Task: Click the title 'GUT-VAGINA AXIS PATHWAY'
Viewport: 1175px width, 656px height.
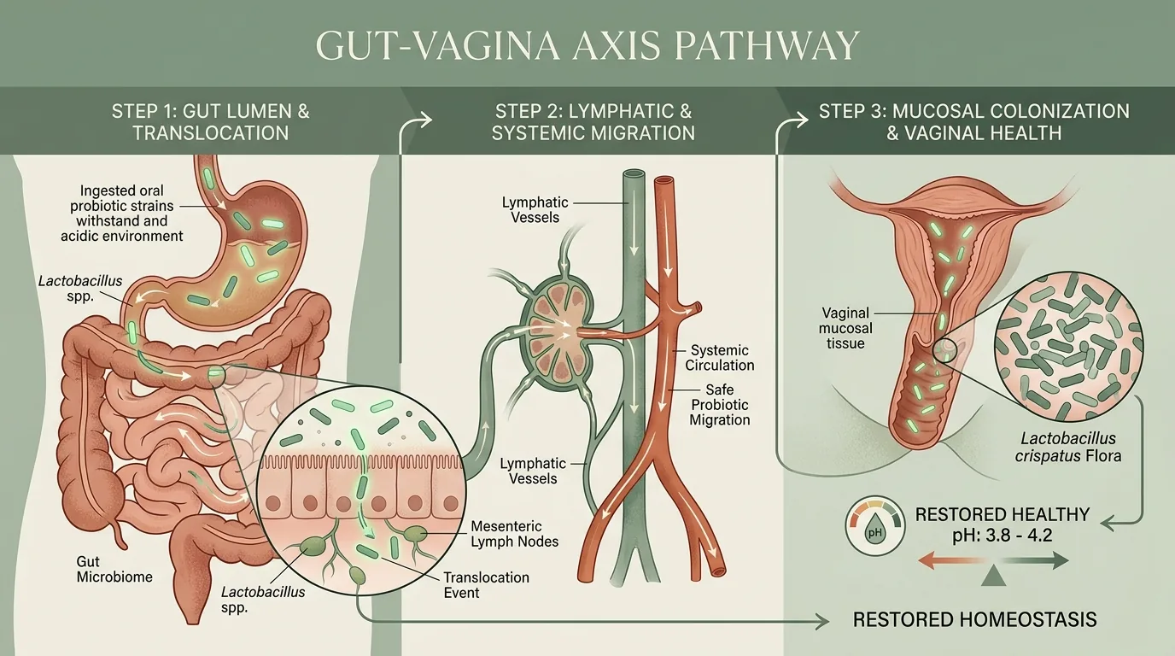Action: (587, 45)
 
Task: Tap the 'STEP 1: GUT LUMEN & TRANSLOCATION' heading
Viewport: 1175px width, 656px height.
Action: (211, 122)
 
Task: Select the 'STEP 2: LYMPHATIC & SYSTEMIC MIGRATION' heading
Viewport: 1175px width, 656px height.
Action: (593, 122)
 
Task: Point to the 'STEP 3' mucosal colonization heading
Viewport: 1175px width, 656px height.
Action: (974, 122)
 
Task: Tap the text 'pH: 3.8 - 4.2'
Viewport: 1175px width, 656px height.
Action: (1003, 536)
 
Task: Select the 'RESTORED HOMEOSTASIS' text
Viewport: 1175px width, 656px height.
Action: (974, 619)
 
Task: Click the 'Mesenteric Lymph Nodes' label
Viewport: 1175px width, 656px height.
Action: (514, 534)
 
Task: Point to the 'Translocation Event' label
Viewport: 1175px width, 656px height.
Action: (486, 585)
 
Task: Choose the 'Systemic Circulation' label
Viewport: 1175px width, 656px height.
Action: (720, 357)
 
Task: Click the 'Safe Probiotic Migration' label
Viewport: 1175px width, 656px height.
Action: (720, 405)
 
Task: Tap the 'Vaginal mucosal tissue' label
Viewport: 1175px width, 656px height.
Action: (845, 328)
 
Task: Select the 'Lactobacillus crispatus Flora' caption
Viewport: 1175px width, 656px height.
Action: (1068, 447)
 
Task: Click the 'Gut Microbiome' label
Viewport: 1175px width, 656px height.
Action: (114, 570)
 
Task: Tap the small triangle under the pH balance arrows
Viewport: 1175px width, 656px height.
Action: (997, 577)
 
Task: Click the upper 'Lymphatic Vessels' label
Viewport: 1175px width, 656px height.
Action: (535, 209)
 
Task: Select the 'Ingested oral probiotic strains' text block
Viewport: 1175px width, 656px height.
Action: (122, 213)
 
